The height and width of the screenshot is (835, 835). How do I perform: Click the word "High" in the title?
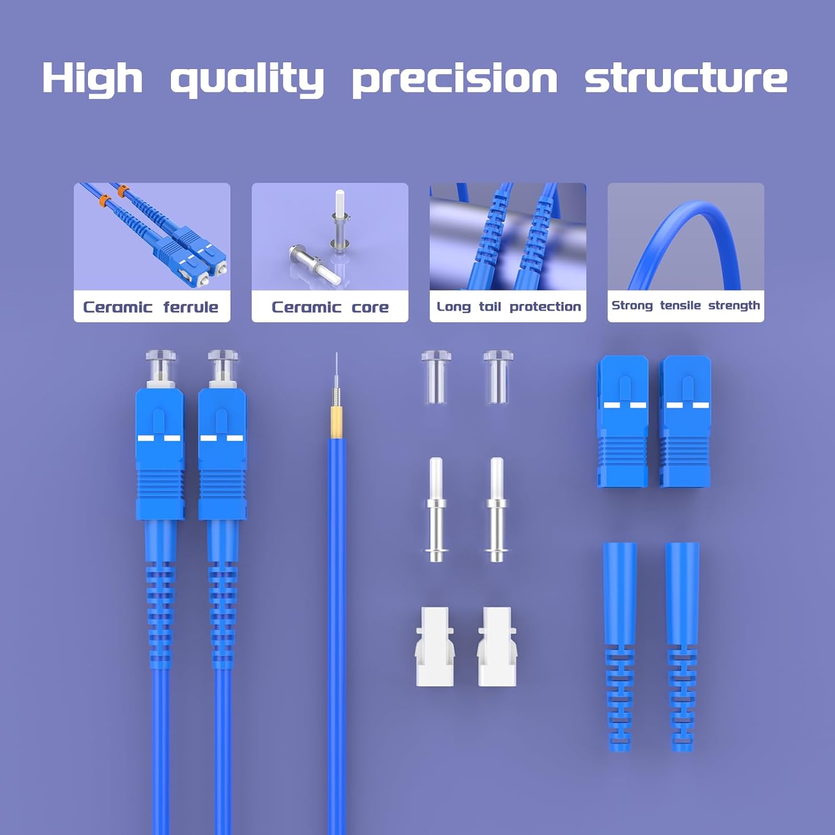(x=92, y=77)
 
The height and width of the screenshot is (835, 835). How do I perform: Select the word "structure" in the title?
(x=686, y=77)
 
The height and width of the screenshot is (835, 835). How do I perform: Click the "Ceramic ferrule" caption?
(x=151, y=307)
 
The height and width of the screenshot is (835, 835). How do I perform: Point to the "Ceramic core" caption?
(x=330, y=307)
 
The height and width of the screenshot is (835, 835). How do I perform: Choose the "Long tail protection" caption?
(x=508, y=307)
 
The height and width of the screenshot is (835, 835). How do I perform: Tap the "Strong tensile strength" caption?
(x=685, y=306)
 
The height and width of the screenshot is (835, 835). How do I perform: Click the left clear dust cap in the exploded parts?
(x=435, y=376)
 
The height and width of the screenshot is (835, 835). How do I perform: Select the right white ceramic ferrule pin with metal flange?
(x=496, y=509)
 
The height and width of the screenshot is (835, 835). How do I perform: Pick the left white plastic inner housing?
(x=435, y=646)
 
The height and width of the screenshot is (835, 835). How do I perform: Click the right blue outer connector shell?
(x=686, y=421)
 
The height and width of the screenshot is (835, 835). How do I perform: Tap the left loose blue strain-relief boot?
(x=620, y=646)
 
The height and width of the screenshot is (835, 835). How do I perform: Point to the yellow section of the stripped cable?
(x=336, y=422)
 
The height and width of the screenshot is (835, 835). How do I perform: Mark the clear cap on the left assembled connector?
(x=161, y=361)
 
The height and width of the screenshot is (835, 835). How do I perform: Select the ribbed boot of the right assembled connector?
(x=223, y=612)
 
